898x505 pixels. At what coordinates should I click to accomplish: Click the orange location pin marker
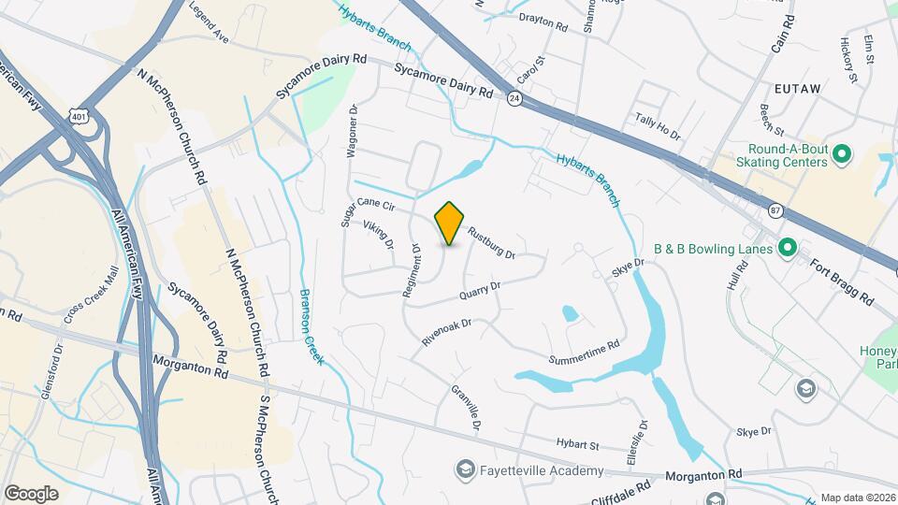coord(450,223)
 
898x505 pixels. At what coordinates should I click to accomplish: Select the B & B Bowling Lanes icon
coord(787,249)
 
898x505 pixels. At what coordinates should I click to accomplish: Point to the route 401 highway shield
coord(78,112)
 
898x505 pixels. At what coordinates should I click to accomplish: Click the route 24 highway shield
coord(514,97)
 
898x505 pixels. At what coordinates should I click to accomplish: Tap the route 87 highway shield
coord(775,210)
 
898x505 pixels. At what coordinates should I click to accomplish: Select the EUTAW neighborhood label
coord(796,88)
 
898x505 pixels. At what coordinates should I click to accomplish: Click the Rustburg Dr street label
coord(491,245)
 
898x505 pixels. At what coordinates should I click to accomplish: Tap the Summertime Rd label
coord(585,353)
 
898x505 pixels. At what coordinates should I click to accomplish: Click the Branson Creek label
coord(310,325)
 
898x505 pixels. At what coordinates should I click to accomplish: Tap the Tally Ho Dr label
coord(658,126)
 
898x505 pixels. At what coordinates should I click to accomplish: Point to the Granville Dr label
coord(466,408)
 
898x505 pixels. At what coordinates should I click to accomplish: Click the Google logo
coord(31,493)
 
